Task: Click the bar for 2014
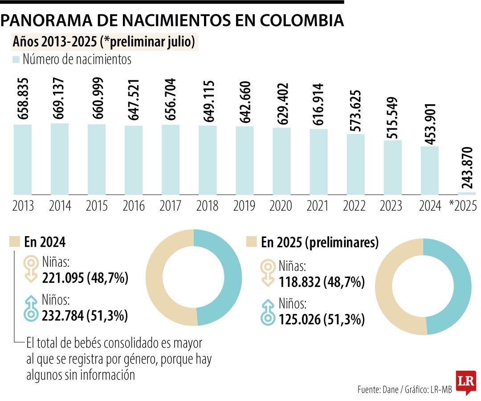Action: tap(60, 159)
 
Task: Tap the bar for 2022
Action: tap(355, 164)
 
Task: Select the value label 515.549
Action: tap(392, 118)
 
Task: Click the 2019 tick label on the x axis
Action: tap(245, 206)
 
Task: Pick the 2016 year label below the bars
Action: tap(134, 206)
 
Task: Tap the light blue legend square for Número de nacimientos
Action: tap(16, 59)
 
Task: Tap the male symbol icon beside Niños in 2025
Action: tap(269, 311)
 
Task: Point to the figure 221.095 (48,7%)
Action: tap(85, 278)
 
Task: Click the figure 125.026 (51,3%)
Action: tap(322, 319)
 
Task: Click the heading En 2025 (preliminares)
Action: tap(319, 243)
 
